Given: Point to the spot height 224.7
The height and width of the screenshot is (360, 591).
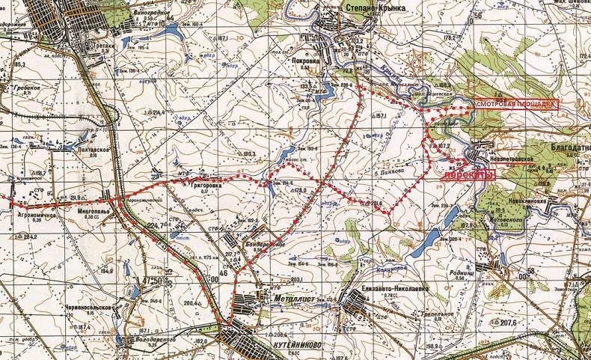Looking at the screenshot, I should [x=154, y=225].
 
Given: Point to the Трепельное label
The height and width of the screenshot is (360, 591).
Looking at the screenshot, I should [x=433, y=314].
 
